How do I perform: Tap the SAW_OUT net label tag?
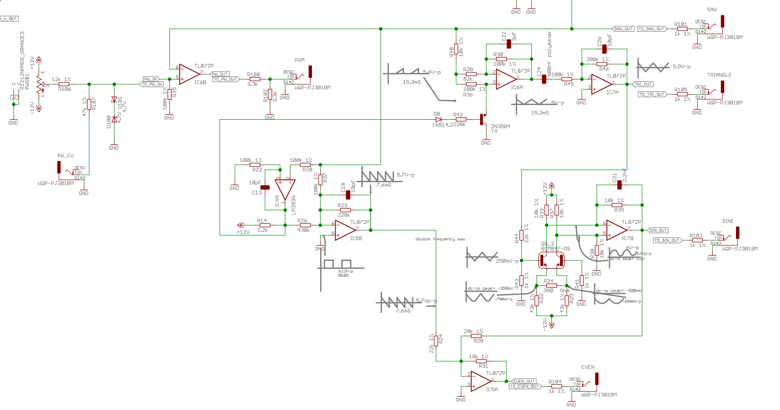[x=623, y=29]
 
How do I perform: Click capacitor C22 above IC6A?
[x=509, y=44]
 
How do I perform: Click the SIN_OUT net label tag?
[x=658, y=230]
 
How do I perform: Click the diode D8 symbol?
[x=438, y=120]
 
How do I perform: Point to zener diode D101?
[x=114, y=100]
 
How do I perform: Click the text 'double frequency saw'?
[x=440, y=239]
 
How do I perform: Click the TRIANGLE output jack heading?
[x=719, y=75]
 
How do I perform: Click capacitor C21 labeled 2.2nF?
[x=620, y=185]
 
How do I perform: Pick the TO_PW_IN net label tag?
[x=152, y=84]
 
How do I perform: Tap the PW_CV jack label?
[x=65, y=155]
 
